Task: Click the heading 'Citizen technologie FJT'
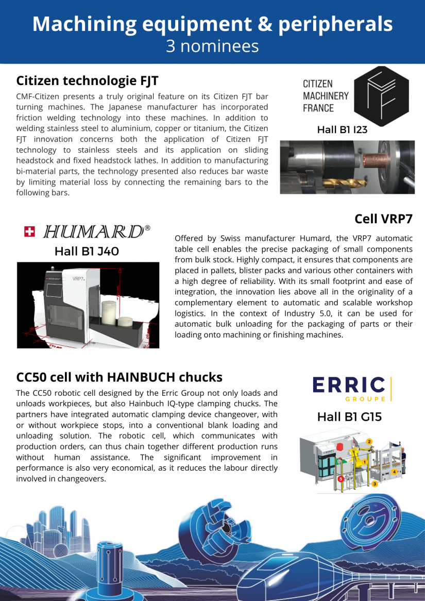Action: [x=87, y=81]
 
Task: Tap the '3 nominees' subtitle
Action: [x=212, y=46]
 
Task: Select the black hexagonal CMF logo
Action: [x=381, y=96]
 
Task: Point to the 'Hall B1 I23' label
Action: [x=342, y=130]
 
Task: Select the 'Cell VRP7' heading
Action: [x=383, y=219]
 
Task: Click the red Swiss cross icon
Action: [x=30, y=232]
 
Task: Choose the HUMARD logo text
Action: [x=93, y=232]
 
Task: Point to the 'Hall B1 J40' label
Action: [x=87, y=252]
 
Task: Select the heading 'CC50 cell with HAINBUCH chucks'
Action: [x=120, y=377]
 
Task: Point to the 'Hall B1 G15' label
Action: [x=349, y=417]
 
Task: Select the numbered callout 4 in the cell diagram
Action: [x=394, y=472]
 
